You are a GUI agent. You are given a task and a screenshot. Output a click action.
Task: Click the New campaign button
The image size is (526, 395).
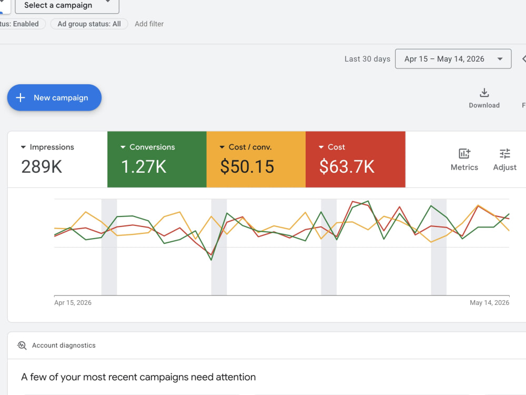(54, 97)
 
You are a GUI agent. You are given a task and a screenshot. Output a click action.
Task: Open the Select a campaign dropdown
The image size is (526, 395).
(67, 5)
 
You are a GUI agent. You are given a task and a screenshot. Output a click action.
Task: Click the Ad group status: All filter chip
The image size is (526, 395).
(89, 24)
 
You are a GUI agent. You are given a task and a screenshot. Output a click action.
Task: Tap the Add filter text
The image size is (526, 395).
(149, 24)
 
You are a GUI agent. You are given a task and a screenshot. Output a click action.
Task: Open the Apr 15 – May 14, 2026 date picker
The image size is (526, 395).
(453, 59)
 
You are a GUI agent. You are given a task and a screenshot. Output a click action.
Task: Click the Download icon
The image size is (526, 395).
(484, 92)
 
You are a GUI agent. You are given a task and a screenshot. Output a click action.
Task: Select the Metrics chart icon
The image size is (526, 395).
(464, 153)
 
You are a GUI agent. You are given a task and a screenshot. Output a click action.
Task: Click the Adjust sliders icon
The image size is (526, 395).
(505, 153)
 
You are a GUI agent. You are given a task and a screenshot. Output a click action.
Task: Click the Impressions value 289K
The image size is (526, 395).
(42, 166)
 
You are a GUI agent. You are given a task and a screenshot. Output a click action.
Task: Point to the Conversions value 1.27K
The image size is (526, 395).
(144, 166)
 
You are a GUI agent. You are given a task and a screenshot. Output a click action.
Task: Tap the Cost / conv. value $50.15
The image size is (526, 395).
(247, 166)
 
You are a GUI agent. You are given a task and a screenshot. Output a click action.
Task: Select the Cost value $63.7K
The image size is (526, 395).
(347, 166)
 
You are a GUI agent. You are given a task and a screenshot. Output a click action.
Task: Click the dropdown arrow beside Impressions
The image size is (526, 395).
(23, 147)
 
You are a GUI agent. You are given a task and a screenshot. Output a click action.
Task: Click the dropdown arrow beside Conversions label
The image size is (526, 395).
(123, 147)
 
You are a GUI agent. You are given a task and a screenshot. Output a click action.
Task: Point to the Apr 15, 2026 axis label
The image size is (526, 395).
(73, 303)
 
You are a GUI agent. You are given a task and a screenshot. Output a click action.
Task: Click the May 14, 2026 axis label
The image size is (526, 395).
(489, 303)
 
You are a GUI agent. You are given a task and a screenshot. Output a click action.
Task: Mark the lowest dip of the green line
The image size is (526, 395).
(211, 260)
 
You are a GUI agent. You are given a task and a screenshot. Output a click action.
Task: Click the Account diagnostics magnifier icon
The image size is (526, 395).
(22, 345)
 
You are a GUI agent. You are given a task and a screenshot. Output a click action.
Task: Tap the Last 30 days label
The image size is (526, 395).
(367, 59)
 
